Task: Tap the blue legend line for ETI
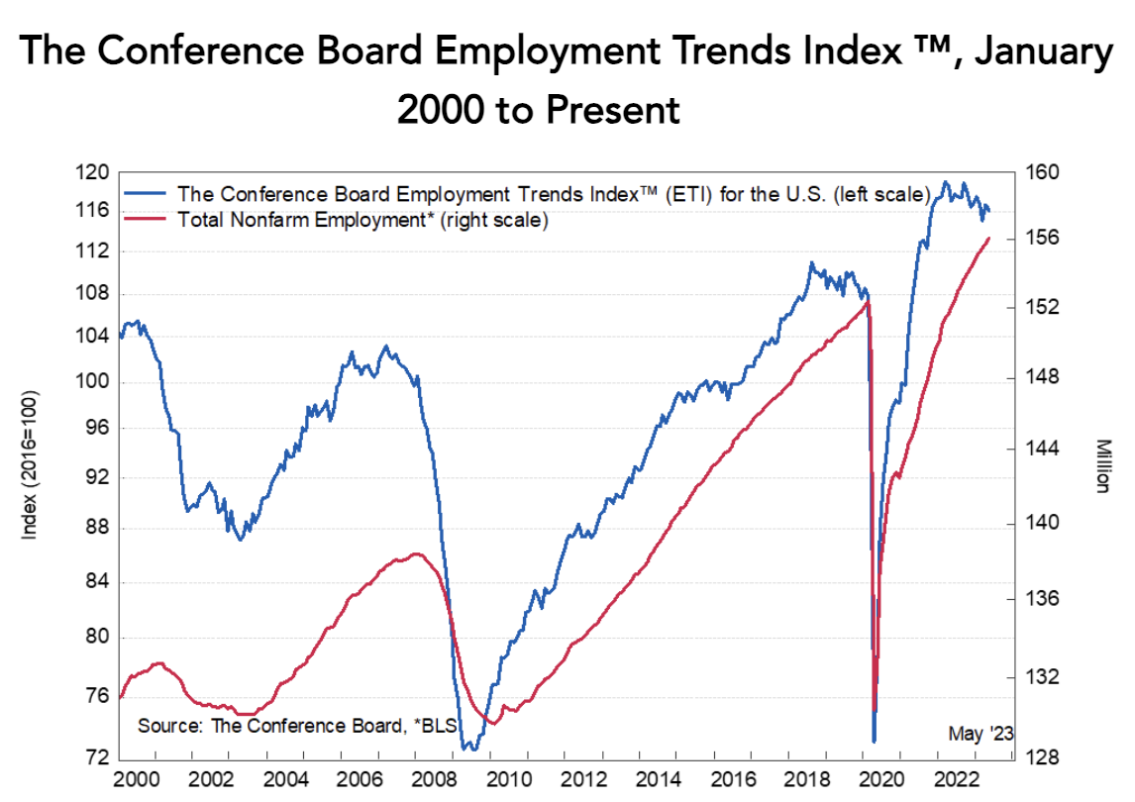146,192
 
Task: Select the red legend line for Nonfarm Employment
146,220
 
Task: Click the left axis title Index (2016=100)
29,464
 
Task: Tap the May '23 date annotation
980,734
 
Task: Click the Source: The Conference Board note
296,726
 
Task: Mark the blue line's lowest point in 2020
874,741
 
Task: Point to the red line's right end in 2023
988,238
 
